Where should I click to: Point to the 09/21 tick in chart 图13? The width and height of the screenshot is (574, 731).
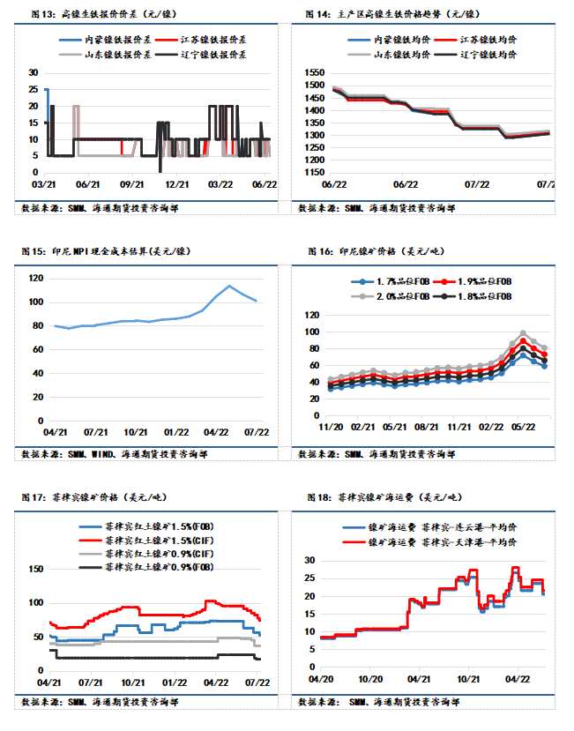click(x=131, y=185)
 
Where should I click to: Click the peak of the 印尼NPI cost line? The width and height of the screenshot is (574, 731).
click(x=229, y=286)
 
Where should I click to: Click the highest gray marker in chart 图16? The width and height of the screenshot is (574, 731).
click(x=523, y=333)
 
